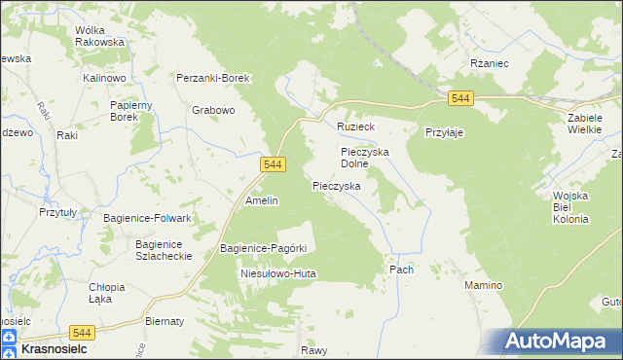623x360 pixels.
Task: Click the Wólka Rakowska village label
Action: point(100,36)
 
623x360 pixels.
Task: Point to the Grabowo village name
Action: point(214,111)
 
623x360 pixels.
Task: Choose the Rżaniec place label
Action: point(491,62)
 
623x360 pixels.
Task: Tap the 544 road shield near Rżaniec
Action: point(461,99)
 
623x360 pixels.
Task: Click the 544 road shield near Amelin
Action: point(274,166)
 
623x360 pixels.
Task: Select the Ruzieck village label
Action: point(356,127)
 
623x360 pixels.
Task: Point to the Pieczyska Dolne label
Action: point(365,158)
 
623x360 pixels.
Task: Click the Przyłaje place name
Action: point(443,133)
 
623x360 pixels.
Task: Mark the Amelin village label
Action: point(262,200)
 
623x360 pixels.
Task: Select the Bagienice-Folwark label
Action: point(147,218)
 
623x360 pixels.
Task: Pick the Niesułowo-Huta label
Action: point(278,274)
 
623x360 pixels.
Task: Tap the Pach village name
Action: point(401,270)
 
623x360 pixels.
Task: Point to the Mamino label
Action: point(483,285)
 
